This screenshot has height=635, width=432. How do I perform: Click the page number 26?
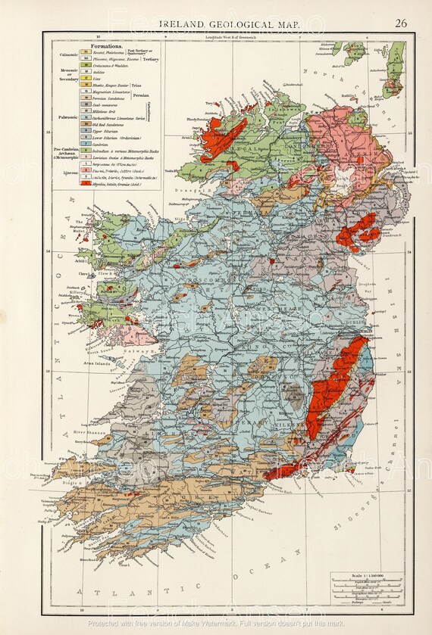[401, 23]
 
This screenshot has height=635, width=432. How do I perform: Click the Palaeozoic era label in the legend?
[65, 118]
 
